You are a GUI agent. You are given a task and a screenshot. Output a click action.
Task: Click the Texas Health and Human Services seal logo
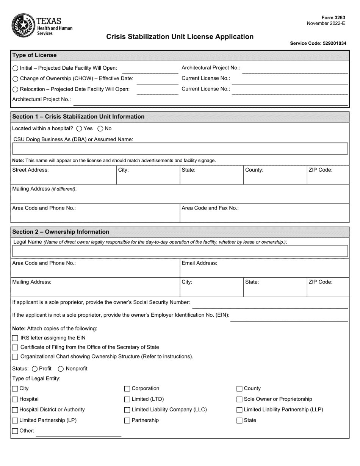point(23,25)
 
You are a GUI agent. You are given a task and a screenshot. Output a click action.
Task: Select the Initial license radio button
point(15,68)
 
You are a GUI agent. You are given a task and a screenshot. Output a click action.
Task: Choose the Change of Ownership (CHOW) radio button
point(15,79)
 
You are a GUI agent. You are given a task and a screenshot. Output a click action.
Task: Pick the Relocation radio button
point(15,89)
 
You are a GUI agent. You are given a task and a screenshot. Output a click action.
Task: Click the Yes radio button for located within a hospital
point(79,129)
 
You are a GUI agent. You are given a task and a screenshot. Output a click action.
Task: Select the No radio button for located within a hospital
point(100,129)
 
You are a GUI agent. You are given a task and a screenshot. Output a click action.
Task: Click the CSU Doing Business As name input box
point(180,149)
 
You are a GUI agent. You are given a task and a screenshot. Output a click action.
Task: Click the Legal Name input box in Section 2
point(180,251)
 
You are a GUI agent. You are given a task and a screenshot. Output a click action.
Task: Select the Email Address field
point(264,270)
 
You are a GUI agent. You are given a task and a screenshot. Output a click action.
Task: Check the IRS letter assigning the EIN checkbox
point(15,338)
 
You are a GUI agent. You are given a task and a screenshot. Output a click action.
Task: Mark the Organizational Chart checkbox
point(15,357)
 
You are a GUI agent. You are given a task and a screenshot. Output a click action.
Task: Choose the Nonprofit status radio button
point(61,369)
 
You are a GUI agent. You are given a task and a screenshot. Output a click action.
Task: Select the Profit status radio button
point(35,369)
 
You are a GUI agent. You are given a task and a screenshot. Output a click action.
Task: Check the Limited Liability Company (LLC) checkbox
point(127,410)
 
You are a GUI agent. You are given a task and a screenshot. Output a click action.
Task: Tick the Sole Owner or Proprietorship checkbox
point(239,399)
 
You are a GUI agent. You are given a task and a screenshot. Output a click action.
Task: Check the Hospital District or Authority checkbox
point(15,410)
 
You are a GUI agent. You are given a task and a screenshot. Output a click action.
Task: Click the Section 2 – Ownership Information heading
point(61,232)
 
